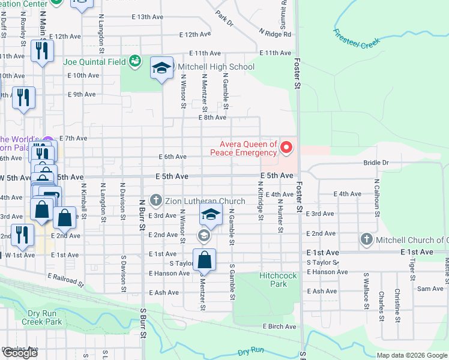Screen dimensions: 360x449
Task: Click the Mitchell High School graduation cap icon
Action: pyautogui.click(x=161, y=68)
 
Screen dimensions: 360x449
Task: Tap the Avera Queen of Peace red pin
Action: pyautogui.click(x=286, y=147)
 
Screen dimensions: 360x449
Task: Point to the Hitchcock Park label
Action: pyautogui.click(x=273, y=280)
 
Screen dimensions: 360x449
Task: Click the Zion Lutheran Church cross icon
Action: pyautogui.click(x=155, y=201)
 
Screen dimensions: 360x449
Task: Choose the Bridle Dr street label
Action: pyautogui.click(x=376, y=163)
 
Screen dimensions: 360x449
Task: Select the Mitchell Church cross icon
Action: pyautogui.click(x=366, y=240)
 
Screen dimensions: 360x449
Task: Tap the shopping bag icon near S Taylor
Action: pyautogui.click(x=204, y=260)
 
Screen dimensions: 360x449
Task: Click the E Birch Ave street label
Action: pyautogui.click(x=279, y=326)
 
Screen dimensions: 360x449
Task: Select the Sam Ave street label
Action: pyautogui.click(x=430, y=289)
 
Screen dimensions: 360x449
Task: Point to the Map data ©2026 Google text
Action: pyautogui.click(x=412, y=355)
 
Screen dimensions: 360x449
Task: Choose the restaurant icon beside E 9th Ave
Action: pyautogui.click(x=23, y=97)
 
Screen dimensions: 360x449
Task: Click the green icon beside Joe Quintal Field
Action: pyautogui.click(x=135, y=61)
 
